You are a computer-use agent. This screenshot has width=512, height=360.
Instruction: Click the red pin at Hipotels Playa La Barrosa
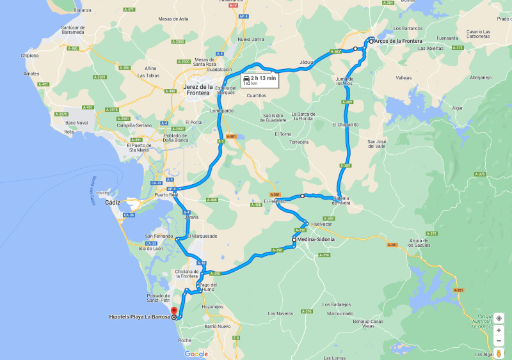[173, 312]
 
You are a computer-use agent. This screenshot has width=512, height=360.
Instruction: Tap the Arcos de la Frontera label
[398, 41]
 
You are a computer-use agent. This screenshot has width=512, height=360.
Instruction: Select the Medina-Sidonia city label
[316, 240]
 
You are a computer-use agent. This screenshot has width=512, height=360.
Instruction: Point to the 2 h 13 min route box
[259, 80]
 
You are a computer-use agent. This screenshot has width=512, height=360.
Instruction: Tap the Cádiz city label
[113, 202]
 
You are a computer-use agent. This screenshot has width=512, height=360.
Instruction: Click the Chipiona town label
[29, 56]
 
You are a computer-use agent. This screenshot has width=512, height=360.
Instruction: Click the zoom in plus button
[499, 330]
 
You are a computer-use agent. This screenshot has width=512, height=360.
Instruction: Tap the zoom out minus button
[499, 341]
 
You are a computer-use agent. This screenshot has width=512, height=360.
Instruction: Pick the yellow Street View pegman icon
[499, 353]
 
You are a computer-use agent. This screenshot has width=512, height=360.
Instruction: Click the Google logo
[196, 354]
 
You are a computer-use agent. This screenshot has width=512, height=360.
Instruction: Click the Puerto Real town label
[166, 195]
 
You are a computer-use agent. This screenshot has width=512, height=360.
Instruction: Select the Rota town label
[69, 132]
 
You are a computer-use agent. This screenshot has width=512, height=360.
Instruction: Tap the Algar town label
[457, 108]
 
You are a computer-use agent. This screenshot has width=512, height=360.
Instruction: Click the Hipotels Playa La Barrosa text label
[140, 317]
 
